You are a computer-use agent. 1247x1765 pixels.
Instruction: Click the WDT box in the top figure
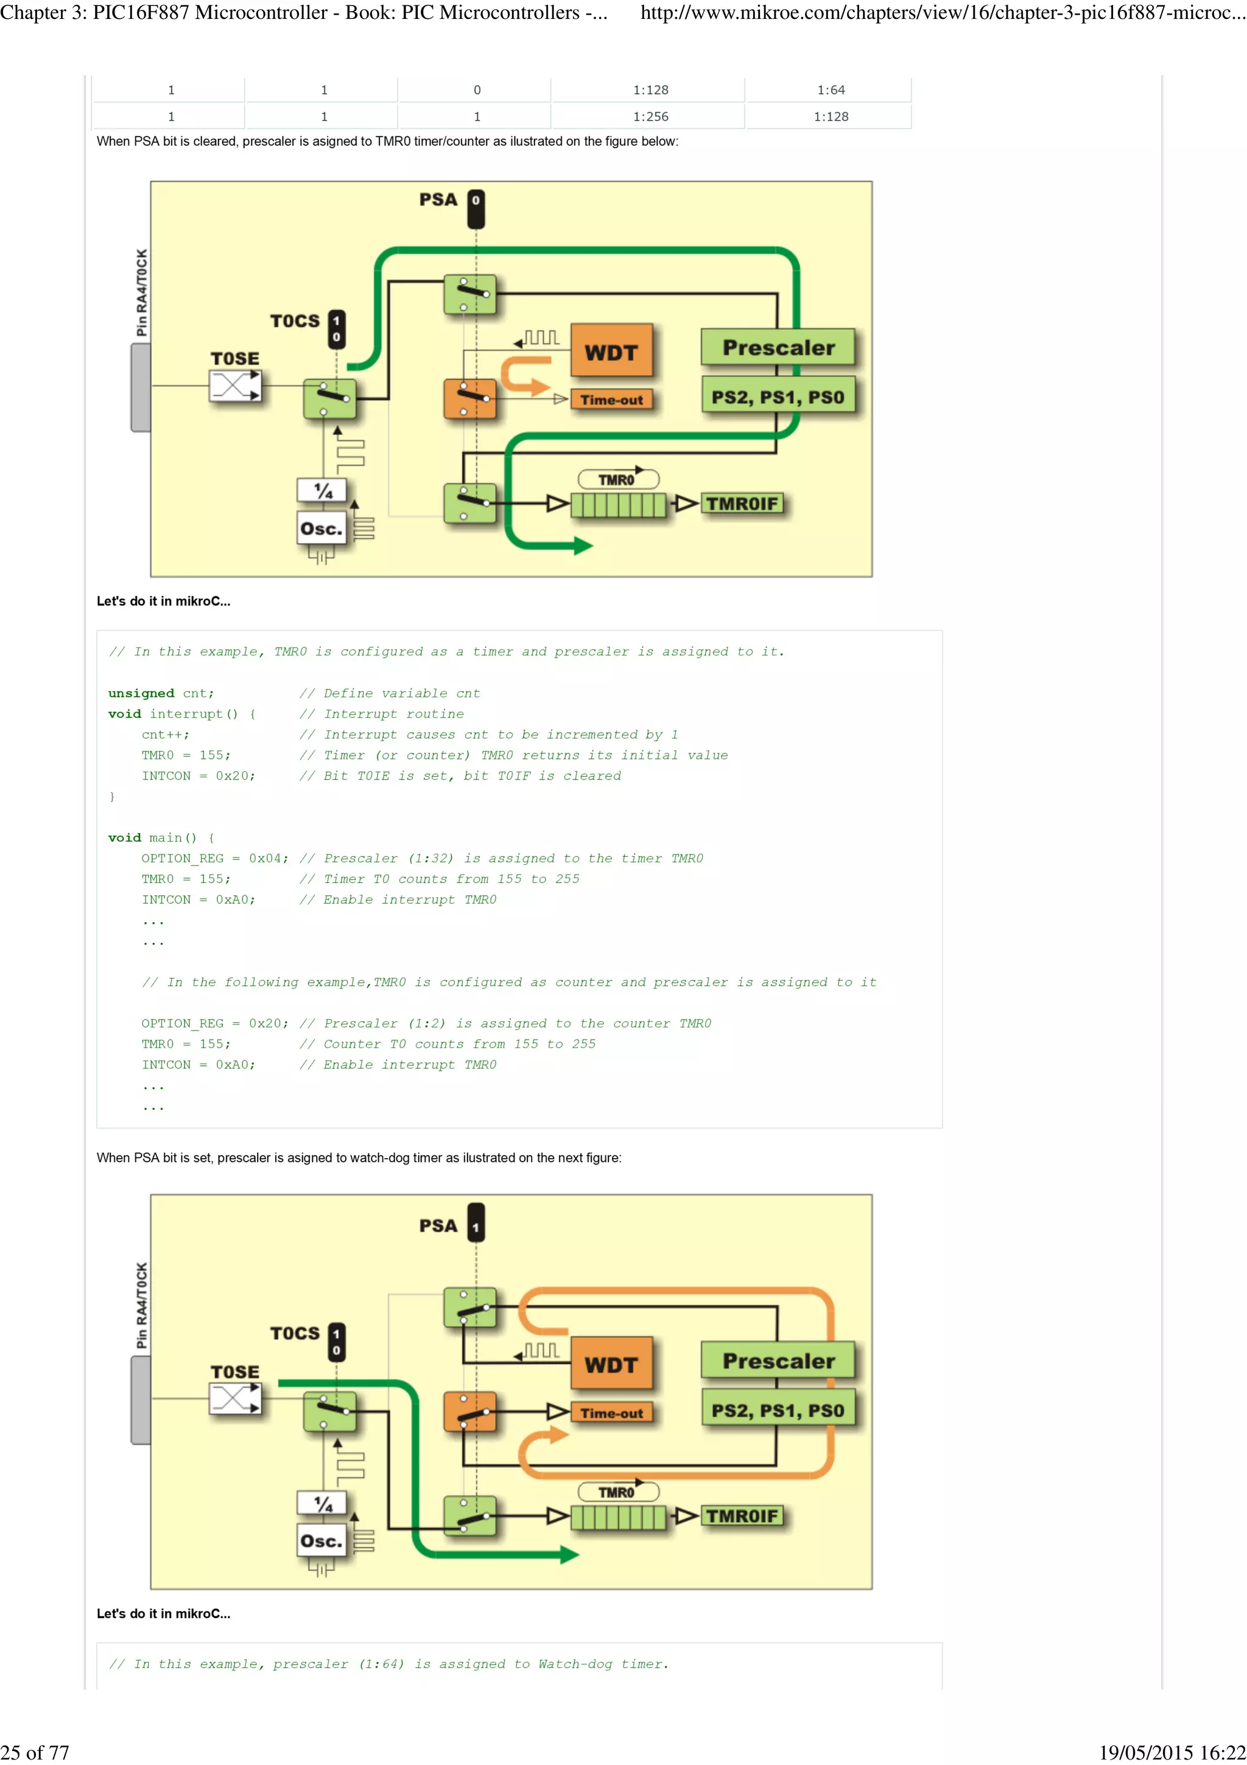pos(611,351)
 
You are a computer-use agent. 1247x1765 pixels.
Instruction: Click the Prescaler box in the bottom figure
pos(778,1361)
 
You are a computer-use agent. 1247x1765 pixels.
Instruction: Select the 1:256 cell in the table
pos(650,117)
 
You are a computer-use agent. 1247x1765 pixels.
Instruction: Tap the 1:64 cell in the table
pos(831,90)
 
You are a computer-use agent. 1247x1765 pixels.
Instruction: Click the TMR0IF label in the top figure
pos(742,504)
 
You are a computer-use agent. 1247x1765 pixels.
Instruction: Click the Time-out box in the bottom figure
pos(611,1413)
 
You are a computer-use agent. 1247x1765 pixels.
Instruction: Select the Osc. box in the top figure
pos(321,529)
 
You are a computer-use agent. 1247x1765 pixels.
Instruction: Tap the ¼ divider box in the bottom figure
pos(323,1503)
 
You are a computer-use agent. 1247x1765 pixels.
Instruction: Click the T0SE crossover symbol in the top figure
pos(235,386)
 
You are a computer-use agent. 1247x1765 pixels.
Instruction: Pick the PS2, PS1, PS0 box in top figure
pos(778,398)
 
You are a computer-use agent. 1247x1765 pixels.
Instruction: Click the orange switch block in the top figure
pos(469,398)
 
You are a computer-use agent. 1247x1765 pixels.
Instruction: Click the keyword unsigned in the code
pos(141,693)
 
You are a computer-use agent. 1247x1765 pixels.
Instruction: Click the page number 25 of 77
pos(35,1752)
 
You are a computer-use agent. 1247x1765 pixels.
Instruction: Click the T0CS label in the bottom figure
pos(294,1334)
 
